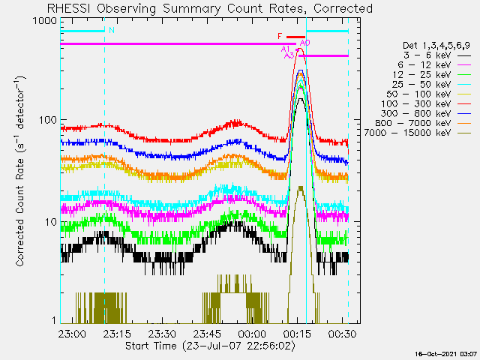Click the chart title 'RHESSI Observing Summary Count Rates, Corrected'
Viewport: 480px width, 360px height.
coord(210,8)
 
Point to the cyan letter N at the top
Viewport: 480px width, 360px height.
coord(112,31)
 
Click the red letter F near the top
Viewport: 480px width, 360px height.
coord(280,36)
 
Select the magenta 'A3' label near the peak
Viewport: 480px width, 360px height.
coord(289,55)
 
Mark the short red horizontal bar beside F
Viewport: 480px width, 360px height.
coord(295,36)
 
